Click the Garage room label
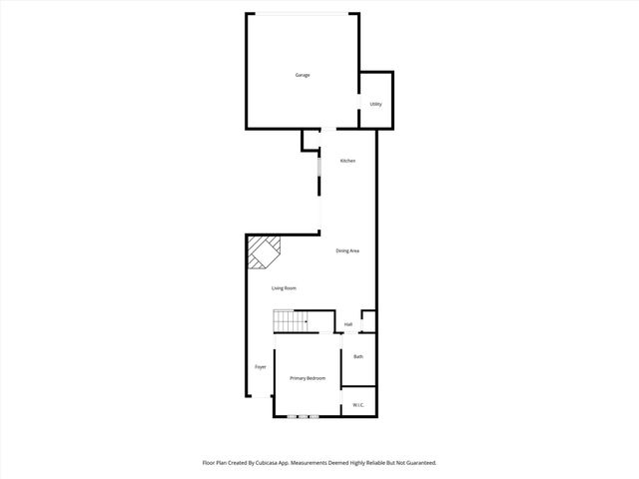pos(302,75)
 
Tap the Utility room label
pos(375,104)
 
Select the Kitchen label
pos(347,161)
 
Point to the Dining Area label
pos(347,250)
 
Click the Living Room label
pos(285,288)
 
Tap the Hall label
pos(348,324)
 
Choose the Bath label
pos(357,356)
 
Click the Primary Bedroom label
pos(308,378)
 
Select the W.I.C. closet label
pos(358,404)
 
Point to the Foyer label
pos(260,366)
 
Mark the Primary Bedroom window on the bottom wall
pos(303,416)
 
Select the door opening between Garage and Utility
pos(359,105)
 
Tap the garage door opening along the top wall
pos(302,13)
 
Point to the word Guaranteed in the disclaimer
pos(416,463)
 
